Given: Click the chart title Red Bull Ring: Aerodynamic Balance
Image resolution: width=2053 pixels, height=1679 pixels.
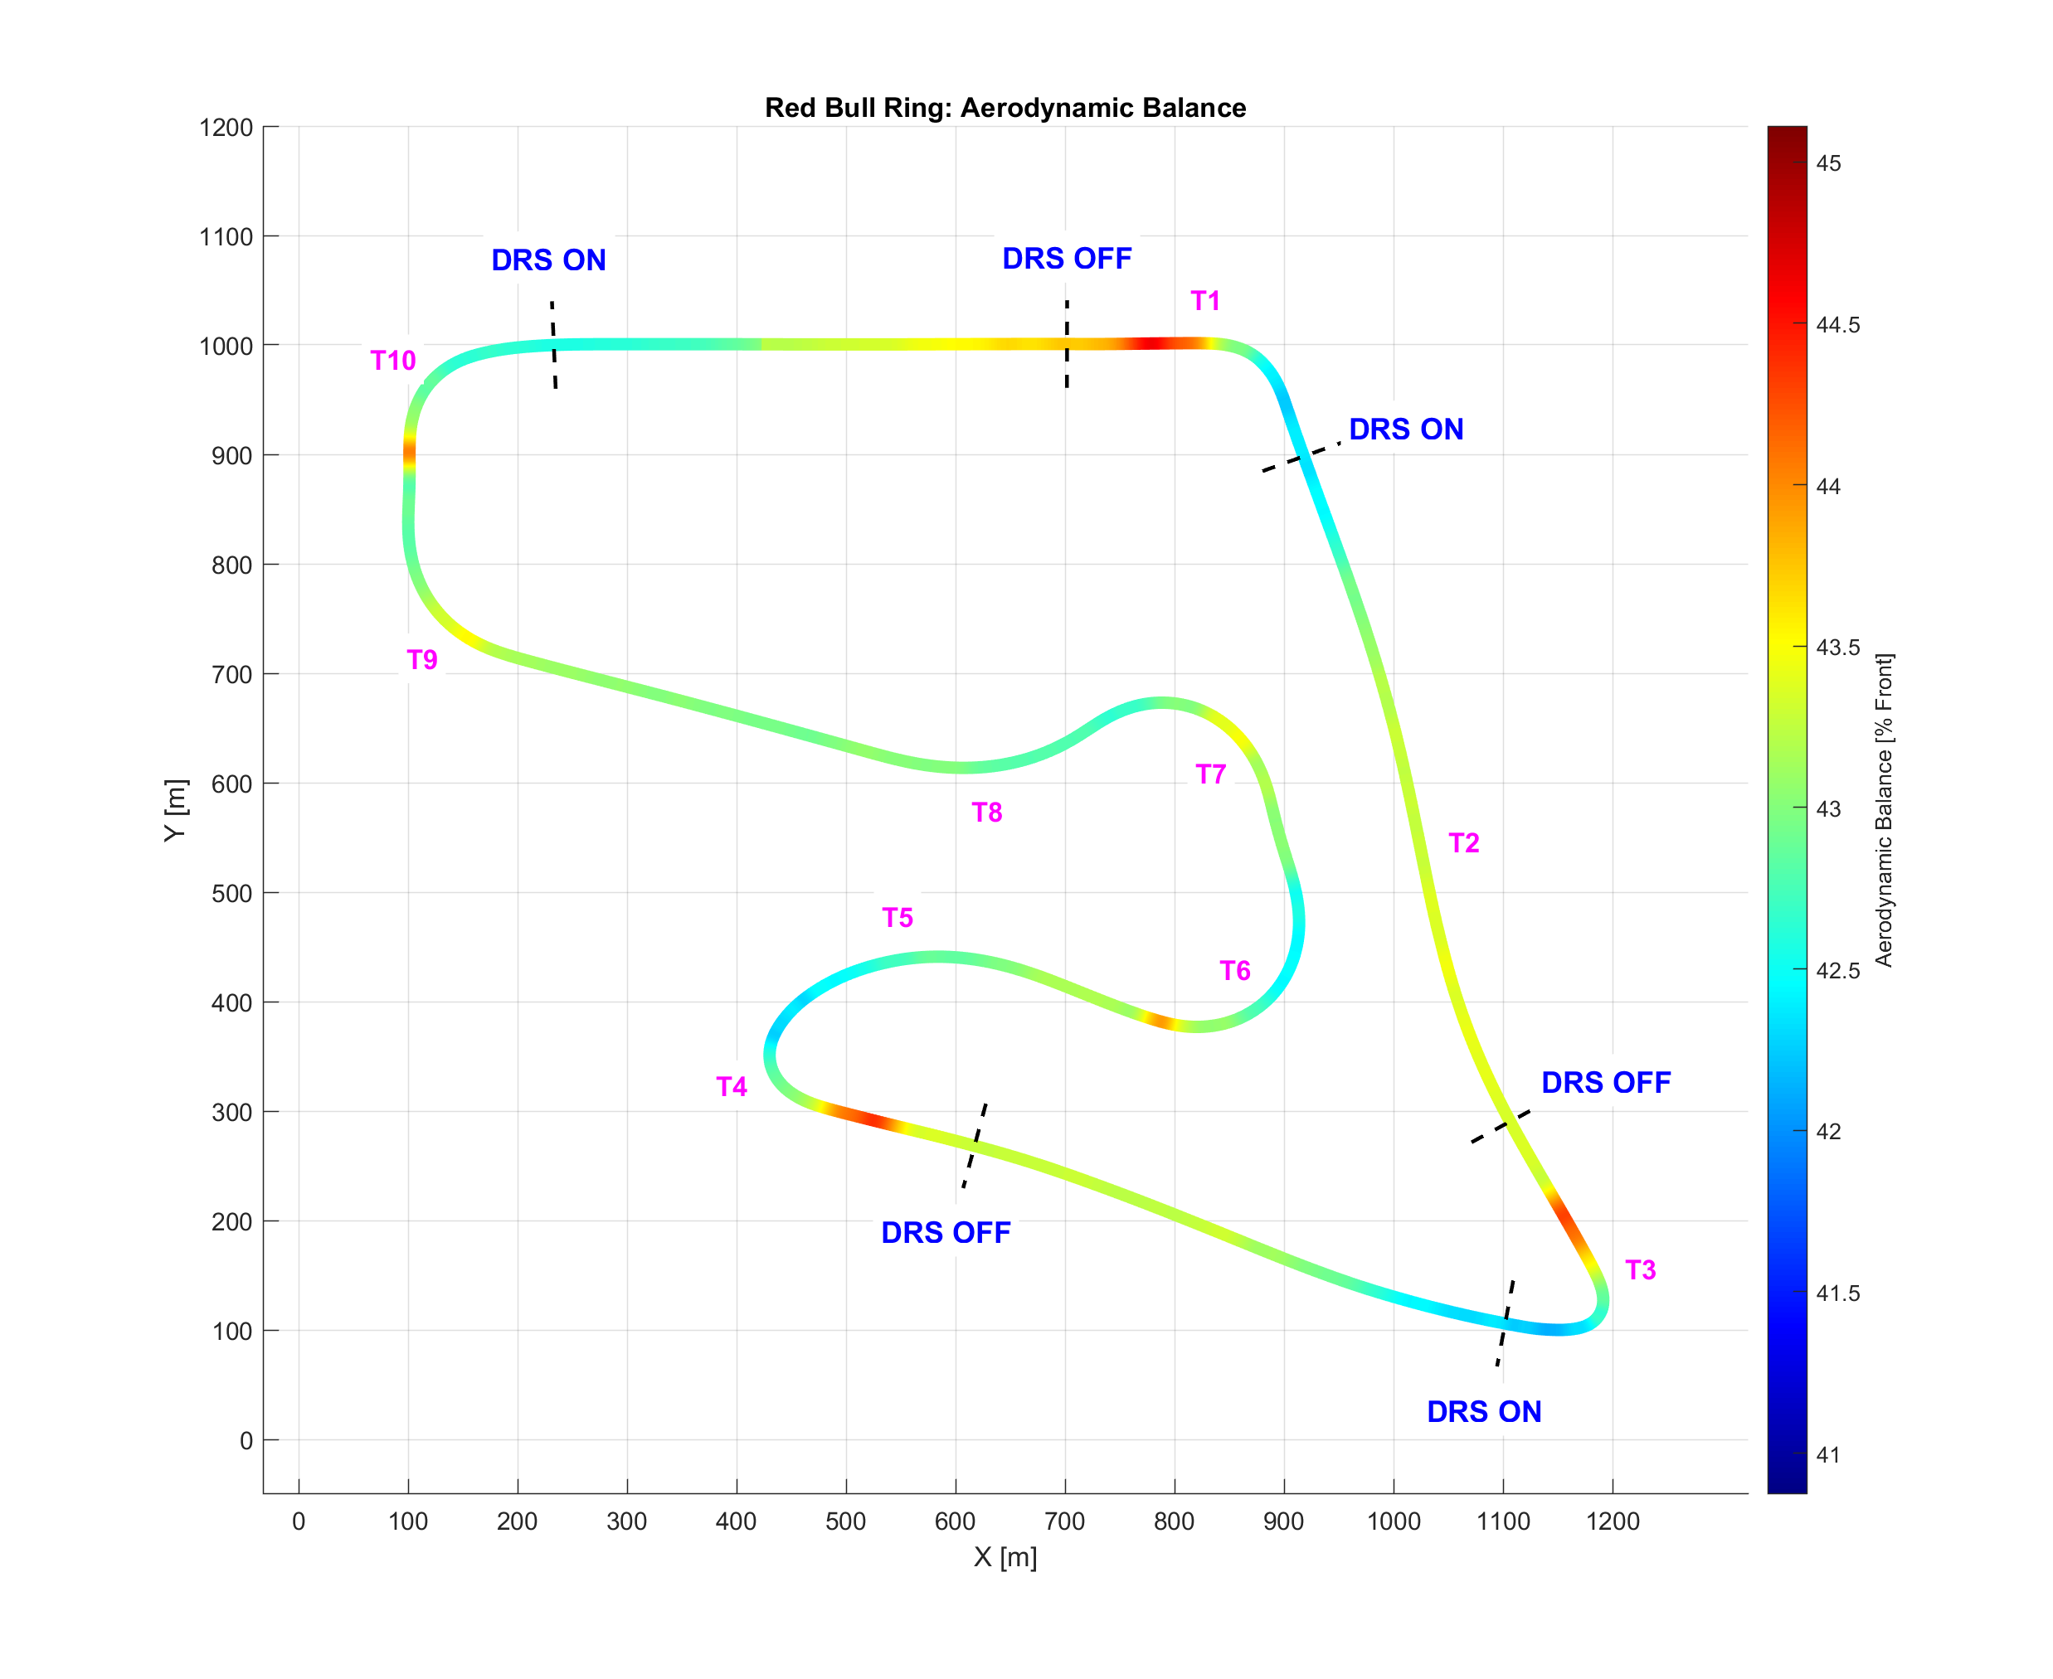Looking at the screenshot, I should (1005, 107).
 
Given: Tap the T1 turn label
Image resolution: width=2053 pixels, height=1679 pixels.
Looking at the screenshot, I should (1204, 301).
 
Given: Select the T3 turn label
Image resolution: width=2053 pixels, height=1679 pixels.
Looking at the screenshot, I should (1640, 1270).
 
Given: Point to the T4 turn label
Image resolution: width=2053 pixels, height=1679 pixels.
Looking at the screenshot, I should (732, 1087).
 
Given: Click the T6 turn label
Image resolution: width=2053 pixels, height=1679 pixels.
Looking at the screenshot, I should (1234, 970).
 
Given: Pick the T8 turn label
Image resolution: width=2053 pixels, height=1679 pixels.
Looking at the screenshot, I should (987, 813).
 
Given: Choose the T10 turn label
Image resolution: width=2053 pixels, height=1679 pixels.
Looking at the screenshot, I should (393, 361).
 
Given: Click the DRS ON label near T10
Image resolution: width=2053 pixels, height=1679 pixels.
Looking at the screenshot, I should (548, 260).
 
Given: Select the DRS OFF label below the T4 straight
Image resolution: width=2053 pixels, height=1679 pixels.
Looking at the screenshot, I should (946, 1233).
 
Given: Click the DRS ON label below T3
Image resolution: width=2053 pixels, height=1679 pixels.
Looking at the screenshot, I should (1483, 1412).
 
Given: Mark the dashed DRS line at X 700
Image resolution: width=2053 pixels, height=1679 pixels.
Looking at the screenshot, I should (1066, 344).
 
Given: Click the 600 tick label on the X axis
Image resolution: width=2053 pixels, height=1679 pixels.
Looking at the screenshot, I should (955, 1521).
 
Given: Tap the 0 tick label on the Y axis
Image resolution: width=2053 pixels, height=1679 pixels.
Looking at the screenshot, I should (246, 1441).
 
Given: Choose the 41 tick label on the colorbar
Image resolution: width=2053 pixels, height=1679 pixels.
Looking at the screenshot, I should (1827, 1454).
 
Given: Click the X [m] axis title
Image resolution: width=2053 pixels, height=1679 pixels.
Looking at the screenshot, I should (1005, 1558).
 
